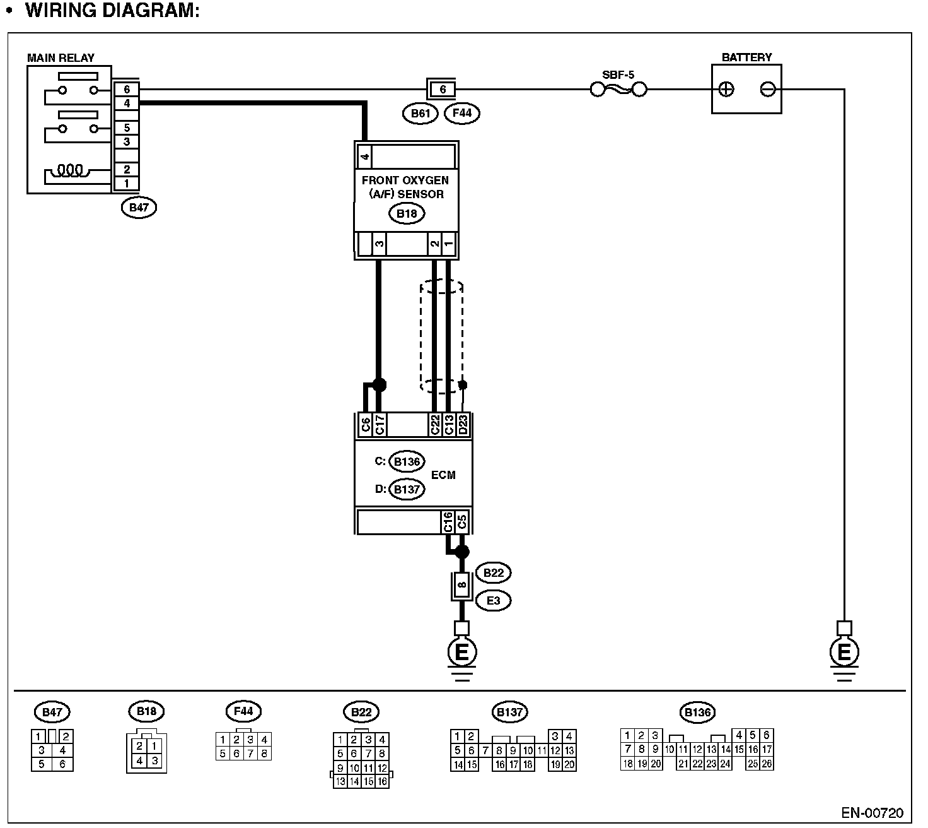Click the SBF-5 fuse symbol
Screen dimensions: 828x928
(x=618, y=90)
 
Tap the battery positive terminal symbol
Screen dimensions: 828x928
(x=726, y=89)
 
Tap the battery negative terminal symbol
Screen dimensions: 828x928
(x=767, y=89)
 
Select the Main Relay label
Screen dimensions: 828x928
(x=61, y=57)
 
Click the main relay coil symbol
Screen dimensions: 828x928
(x=69, y=170)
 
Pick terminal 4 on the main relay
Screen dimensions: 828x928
(x=127, y=103)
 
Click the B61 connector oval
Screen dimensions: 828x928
(x=420, y=114)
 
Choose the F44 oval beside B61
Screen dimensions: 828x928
(x=462, y=114)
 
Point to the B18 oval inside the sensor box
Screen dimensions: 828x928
(x=407, y=213)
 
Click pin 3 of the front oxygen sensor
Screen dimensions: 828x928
(x=379, y=244)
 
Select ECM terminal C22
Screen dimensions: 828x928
(x=434, y=425)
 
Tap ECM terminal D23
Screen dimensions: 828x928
(x=463, y=425)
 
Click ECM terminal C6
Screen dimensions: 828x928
(x=365, y=425)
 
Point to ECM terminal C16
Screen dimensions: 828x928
(x=448, y=522)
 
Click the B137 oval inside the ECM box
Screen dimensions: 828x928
(x=407, y=489)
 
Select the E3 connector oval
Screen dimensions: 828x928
(x=494, y=600)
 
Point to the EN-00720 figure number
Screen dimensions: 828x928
(x=873, y=812)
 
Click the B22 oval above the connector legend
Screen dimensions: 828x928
(x=361, y=713)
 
